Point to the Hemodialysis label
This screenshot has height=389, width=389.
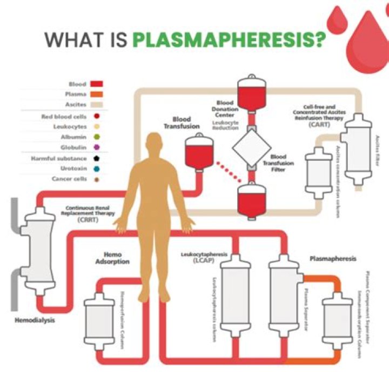pos(34,320)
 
